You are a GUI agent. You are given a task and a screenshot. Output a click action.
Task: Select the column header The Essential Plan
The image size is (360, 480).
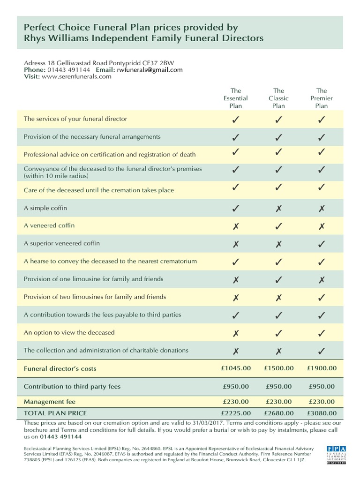click(x=235, y=98)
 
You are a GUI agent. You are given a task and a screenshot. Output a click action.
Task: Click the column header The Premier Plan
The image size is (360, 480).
click(x=322, y=98)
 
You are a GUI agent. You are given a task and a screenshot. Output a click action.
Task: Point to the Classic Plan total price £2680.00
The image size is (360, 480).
click(x=278, y=413)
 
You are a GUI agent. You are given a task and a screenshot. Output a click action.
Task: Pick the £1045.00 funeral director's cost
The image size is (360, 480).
click(x=235, y=368)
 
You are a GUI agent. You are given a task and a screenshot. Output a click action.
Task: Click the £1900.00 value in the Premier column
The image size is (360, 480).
click(x=322, y=368)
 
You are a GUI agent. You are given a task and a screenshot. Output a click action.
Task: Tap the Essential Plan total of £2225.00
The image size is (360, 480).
click(x=235, y=413)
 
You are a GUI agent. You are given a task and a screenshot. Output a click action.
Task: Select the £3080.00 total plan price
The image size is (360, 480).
click(x=322, y=413)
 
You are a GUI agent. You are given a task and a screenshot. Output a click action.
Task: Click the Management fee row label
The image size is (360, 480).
click(x=50, y=402)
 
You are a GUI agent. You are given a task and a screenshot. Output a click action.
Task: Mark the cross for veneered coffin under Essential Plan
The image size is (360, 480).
click(x=235, y=226)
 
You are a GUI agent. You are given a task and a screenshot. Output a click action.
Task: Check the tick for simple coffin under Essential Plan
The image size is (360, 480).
click(x=235, y=208)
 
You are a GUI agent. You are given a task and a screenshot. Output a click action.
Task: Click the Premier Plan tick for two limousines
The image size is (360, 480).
click(x=322, y=298)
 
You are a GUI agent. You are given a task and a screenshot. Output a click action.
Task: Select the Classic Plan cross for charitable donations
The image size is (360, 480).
click(x=278, y=351)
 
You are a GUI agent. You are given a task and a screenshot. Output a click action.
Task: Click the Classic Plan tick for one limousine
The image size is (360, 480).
click(x=278, y=280)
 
